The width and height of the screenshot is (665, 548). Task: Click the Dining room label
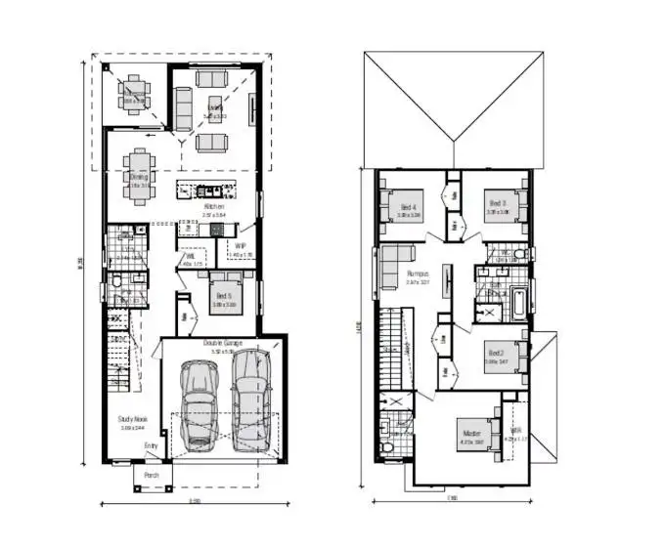[138, 178]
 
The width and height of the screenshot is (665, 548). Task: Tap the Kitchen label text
[214, 207]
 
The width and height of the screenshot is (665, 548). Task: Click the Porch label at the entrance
[152, 476]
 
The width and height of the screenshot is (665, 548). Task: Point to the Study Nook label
[132, 419]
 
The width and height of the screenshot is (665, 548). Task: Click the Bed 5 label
[224, 294]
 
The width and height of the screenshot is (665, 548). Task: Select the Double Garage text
[223, 343]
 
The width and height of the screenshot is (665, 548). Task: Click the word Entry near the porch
[151, 446]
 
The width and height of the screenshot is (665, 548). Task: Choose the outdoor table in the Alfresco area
[133, 94]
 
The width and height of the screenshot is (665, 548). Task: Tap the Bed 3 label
[498, 203]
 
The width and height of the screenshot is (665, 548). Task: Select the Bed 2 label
[496, 353]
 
